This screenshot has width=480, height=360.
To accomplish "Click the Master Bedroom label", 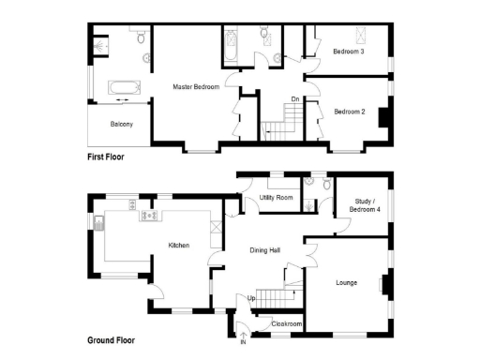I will tap(196, 87).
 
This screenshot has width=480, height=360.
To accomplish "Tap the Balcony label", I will tap(121, 125).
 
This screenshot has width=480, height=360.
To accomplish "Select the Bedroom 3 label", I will tap(349, 52).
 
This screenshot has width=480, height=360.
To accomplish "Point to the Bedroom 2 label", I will tap(349, 112).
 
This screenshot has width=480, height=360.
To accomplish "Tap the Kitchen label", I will tap(179, 245).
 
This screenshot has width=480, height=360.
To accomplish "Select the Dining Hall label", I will tap(266, 249).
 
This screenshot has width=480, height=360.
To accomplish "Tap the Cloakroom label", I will tap(286, 323).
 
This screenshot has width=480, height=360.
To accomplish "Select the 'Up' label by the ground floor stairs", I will tap(251, 298).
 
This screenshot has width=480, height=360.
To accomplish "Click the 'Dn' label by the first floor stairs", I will tap(294, 98).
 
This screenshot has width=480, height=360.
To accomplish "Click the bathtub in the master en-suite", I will tap(121, 89).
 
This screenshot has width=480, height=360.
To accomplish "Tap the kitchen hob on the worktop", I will tap(148, 217).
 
